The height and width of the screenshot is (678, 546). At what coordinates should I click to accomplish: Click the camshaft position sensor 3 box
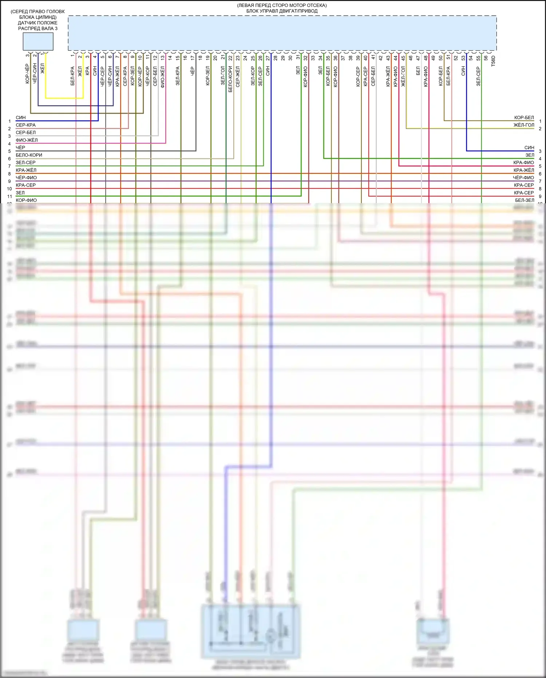pos(38,42)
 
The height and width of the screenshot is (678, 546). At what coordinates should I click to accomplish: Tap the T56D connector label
pos(493,61)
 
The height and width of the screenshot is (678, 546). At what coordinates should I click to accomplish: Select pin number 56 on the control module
pos(486,58)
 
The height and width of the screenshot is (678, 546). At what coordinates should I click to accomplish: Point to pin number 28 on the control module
pos(275,58)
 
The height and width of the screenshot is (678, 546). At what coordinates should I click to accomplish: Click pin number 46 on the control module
pos(411,58)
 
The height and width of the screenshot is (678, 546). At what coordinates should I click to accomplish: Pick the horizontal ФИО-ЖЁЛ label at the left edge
pos(27,140)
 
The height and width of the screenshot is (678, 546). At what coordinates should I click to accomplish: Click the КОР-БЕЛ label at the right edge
pos(524,118)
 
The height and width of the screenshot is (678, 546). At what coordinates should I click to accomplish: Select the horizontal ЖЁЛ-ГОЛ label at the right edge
pos(524,125)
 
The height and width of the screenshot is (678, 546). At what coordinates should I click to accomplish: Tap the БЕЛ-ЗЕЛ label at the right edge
pos(525,200)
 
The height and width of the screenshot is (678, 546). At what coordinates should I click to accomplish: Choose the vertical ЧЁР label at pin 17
pos(193,71)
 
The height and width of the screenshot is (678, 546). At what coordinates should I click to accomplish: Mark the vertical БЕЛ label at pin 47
pos(418,71)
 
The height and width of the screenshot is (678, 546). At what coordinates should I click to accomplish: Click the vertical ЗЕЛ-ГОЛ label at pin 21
pos(223,76)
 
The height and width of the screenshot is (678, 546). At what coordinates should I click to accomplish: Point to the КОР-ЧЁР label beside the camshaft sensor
pos(27,74)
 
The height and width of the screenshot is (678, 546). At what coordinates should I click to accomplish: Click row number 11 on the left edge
pos(9,196)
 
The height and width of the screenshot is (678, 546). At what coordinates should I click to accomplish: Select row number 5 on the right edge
pos(540,166)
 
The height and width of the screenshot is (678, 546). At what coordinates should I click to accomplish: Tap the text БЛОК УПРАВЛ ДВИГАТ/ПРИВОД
pos(282,11)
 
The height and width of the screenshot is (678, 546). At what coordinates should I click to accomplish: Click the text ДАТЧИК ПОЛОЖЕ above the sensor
pos(37,23)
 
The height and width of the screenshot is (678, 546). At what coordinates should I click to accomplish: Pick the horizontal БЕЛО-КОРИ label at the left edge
pos(29,155)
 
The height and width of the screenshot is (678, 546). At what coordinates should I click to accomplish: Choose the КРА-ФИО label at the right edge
pos(523,162)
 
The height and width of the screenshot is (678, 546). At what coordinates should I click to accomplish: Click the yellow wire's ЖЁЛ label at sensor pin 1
pos(42,68)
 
